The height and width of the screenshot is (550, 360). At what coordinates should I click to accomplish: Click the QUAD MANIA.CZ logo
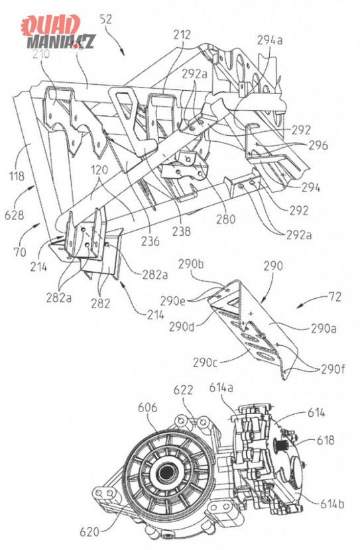(x=58, y=32)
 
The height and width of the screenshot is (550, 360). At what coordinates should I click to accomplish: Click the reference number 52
(x=105, y=19)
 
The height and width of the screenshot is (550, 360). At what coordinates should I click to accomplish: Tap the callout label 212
(x=182, y=34)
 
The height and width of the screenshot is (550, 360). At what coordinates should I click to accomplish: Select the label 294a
(x=270, y=40)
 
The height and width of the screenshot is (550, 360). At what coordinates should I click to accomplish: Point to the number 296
(x=318, y=145)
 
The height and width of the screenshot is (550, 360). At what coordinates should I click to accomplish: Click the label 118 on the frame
(x=17, y=176)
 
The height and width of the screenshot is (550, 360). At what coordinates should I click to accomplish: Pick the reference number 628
(x=14, y=214)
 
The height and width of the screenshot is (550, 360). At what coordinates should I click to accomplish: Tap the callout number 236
(x=150, y=241)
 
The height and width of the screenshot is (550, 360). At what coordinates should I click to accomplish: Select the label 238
(x=182, y=231)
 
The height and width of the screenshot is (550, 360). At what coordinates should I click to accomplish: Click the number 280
(x=225, y=219)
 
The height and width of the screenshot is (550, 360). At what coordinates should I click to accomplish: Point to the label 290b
(x=191, y=264)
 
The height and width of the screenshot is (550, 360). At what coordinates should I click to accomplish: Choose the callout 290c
(x=206, y=362)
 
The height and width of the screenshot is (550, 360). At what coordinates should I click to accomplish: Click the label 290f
(x=332, y=369)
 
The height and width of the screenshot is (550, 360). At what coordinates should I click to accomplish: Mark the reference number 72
(x=334, y=297)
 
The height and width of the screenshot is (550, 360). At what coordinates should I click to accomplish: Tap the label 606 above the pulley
(x=147, y=408)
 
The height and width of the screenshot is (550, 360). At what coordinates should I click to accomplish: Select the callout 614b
(x=332, y=504)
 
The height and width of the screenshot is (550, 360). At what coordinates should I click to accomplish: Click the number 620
(x=90, y=531)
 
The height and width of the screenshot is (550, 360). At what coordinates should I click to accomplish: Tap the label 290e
(x=172, y=301)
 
